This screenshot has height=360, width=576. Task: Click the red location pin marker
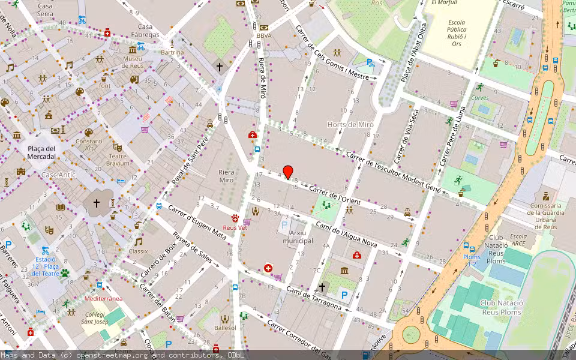pos(288,172)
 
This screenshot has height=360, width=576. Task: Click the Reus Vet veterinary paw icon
pos(235,219)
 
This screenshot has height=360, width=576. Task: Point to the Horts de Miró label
pos(350,124)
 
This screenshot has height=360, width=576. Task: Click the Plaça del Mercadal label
pos(41,152)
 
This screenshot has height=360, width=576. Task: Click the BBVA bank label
pos(263,35)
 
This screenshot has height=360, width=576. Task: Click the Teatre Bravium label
pos(118,159)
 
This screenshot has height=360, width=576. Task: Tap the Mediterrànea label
pos(103,298)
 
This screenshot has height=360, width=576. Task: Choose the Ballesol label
pos(225,328)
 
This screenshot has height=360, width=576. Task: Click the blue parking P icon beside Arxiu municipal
pos(284,227)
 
